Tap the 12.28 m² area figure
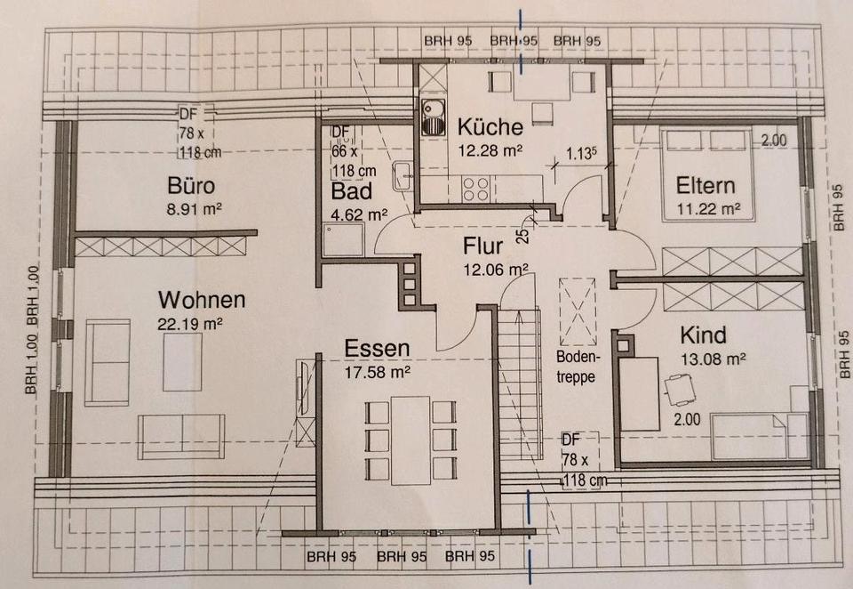coord(489,150)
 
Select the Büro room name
coord(193,187)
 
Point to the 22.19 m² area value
coord(188,324)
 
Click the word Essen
coord(377,348)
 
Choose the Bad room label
coord(351,191)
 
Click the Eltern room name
coord(706,187)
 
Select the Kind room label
coord(703,336)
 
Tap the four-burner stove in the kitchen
coord(477,190)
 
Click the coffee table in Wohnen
coord(182,360)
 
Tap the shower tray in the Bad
coord(343,240)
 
